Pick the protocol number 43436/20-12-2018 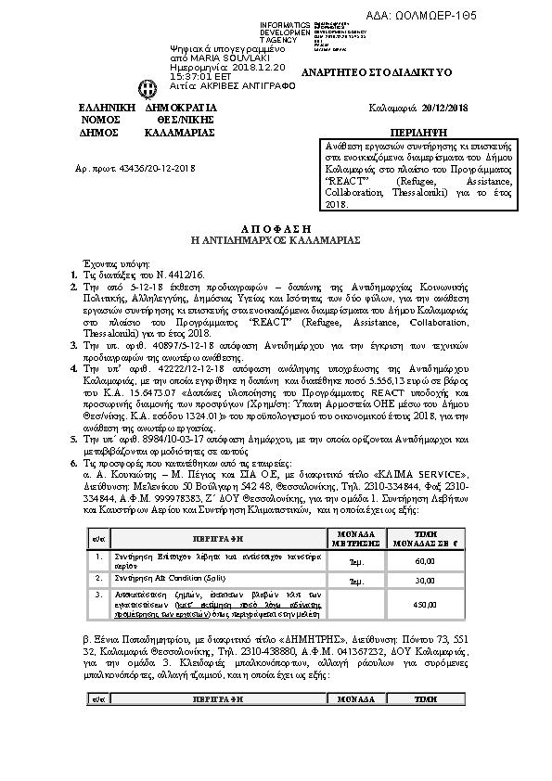[x=148, y=168]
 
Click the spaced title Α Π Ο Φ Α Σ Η [x=275, y=227]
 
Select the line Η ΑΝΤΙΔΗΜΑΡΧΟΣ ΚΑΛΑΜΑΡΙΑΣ [x=275, y=239]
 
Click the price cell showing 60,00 [x=424, y=561]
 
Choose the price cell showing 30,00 [x=424, y=580]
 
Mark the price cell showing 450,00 [x=424, y=604]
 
